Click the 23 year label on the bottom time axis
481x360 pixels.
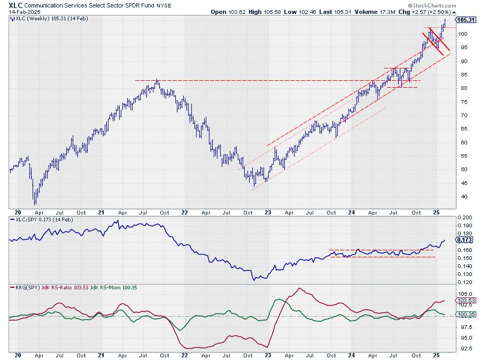click(x=268, y=355)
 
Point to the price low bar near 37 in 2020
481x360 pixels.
click(x=35, y=203)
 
